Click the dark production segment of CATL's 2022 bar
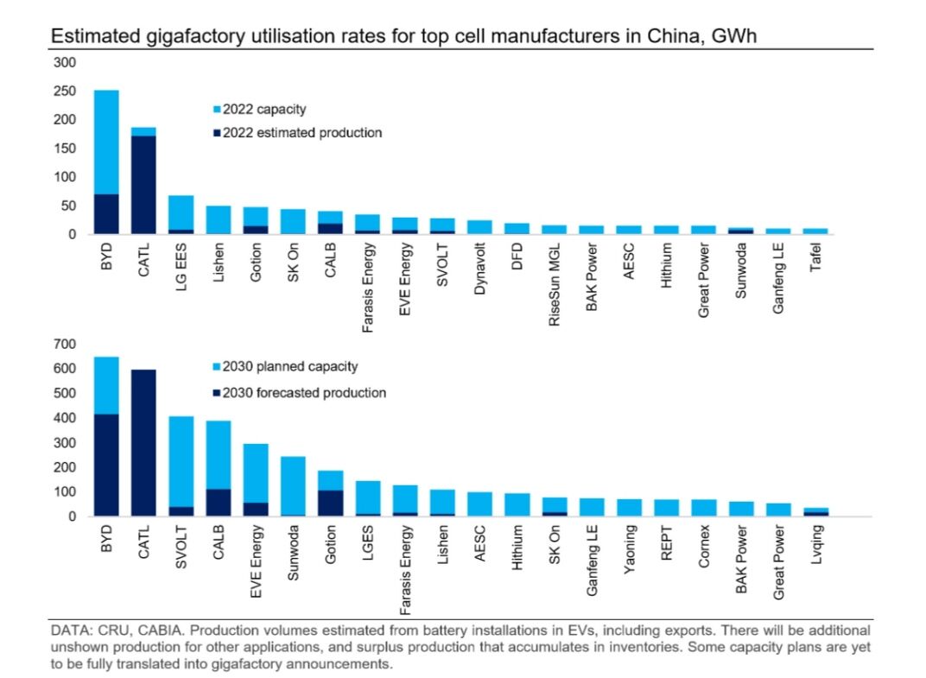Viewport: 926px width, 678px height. (x=143, y=185)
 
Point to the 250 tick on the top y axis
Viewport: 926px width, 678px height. (x=67, y=91)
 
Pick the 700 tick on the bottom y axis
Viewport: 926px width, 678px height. (x=67, y=344)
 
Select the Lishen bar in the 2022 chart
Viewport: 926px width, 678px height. (x=218, y=219)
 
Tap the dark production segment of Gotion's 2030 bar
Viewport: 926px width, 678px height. (x=330, y=504)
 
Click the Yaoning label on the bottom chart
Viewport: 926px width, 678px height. (x=629, y=548)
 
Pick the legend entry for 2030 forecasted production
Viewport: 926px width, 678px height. (x=303, y=393)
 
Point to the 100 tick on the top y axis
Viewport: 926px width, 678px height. (x=67, y=177)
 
